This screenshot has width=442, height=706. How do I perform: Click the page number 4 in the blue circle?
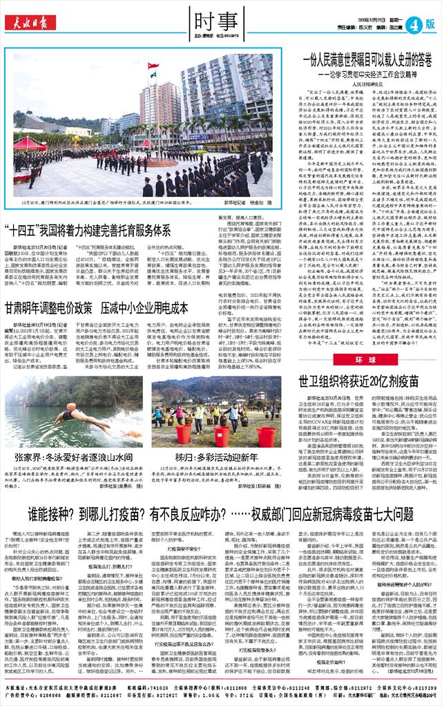[x=415, y=23]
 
